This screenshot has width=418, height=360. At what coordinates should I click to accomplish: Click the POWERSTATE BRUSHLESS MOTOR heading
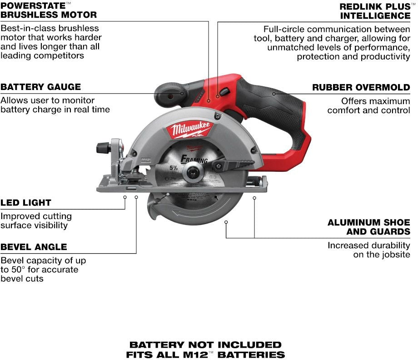coord(49,10)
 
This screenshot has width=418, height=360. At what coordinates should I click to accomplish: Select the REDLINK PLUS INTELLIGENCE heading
coord(375,11)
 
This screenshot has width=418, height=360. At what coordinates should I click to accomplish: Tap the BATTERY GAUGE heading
coord(40,87)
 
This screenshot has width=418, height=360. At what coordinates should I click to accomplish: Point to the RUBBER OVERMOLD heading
coord(361,87)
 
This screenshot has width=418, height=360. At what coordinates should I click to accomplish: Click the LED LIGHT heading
coord(25,203)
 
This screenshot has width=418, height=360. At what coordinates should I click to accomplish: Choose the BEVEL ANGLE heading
coord(34,247)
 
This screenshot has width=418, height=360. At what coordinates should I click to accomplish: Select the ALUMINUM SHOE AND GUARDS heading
coord(369,227)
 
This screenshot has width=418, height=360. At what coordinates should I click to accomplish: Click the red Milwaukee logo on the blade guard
coord(190,130)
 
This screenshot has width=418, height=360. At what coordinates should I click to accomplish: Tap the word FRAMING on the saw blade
coord(194,159)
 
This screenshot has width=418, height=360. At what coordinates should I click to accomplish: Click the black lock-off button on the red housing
coord(224,92)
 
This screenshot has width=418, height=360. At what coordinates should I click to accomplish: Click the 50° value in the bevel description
coord(18,270)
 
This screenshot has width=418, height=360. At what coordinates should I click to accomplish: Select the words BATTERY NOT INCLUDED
coord(205,345)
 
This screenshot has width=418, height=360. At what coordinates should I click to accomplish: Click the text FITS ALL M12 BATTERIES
coord(205,355)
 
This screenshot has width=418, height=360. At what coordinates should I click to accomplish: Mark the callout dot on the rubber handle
coord(274,94)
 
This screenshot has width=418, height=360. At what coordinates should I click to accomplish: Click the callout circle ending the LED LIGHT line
coord(125,197)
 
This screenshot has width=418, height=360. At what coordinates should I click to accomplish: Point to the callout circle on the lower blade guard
coord(226,222)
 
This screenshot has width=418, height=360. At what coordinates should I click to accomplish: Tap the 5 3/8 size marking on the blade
coord(174,168)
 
